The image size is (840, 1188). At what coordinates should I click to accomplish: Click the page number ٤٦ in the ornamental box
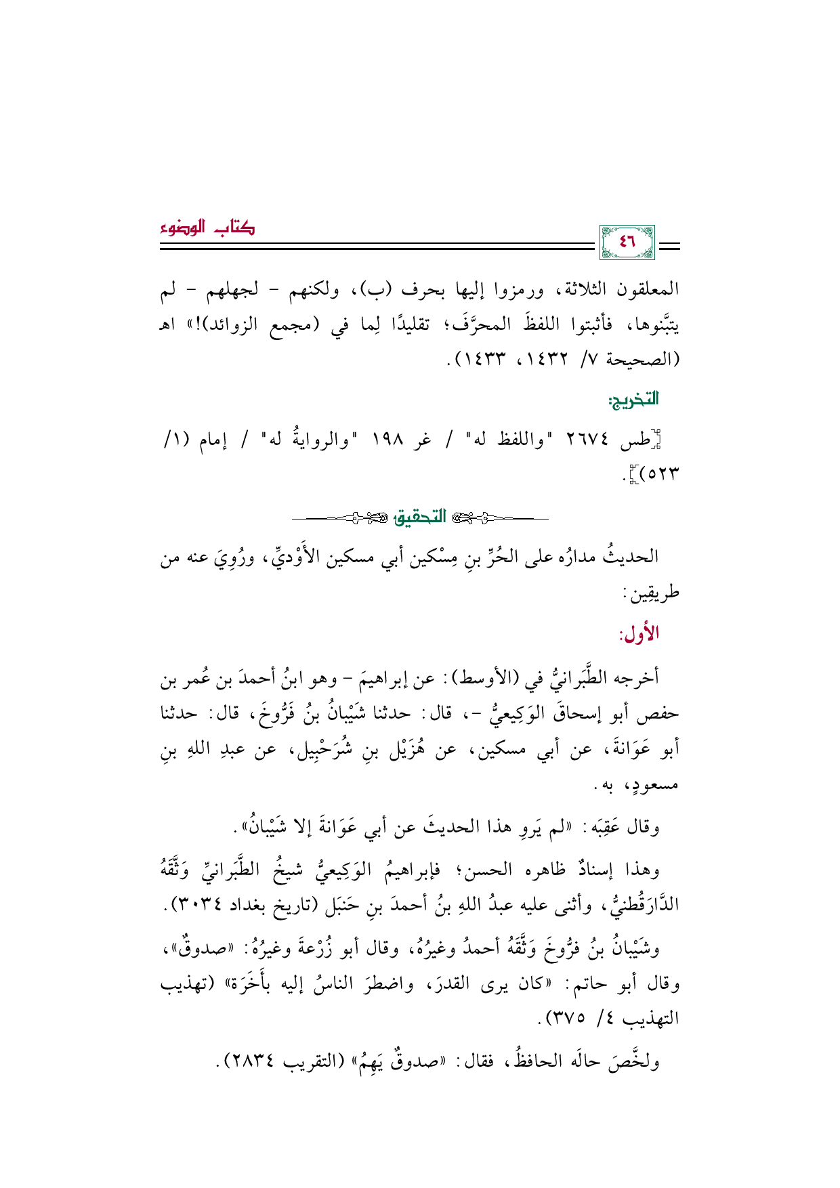point(627,242)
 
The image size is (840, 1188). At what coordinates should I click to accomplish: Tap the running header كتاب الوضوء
point(208,229)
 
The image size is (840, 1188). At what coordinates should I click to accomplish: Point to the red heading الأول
point(639,635)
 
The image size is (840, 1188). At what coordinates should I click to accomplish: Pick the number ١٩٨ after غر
point(387,442)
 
